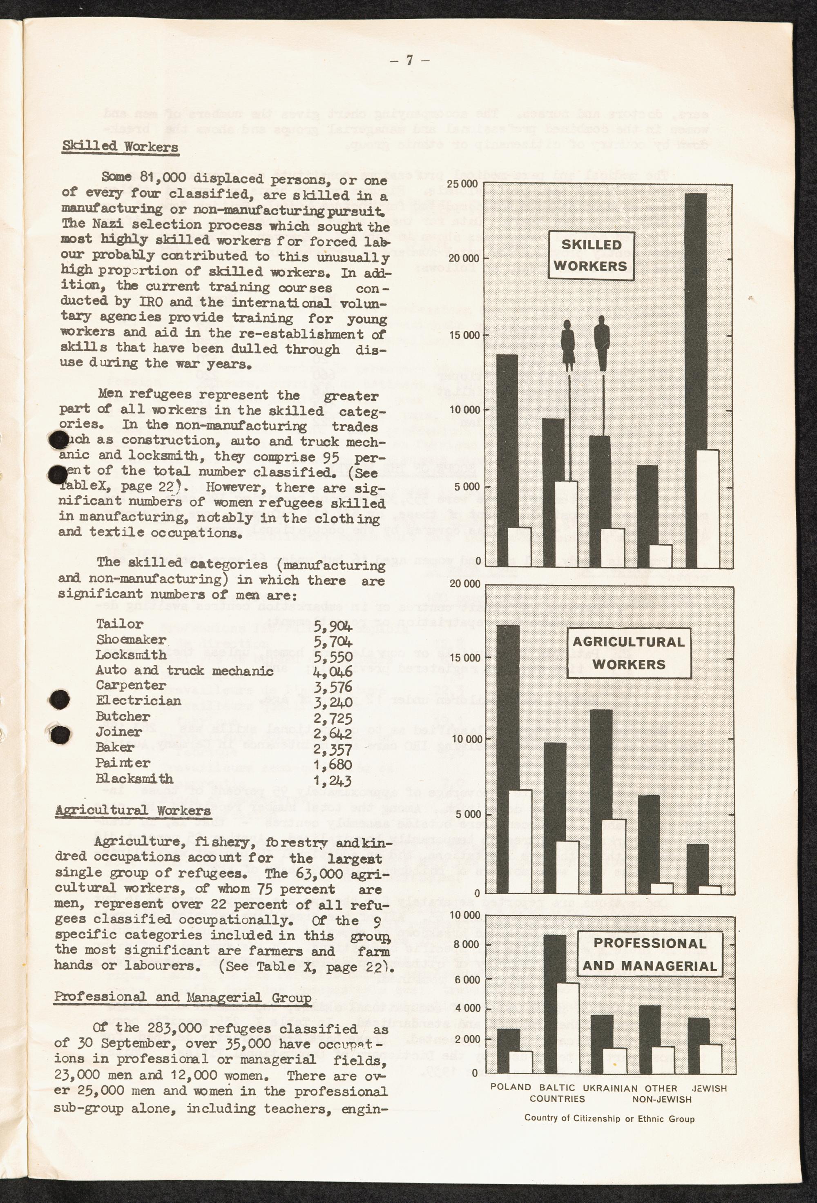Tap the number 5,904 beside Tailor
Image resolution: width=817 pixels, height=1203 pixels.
point(333,626)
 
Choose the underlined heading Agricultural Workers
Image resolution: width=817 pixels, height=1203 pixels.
point(132,810)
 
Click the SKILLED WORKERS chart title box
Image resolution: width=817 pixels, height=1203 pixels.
point(591,255)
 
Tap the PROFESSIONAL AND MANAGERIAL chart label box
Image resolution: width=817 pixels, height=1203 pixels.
point(650,954)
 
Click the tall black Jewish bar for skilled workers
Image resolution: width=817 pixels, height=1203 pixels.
point(695,321)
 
